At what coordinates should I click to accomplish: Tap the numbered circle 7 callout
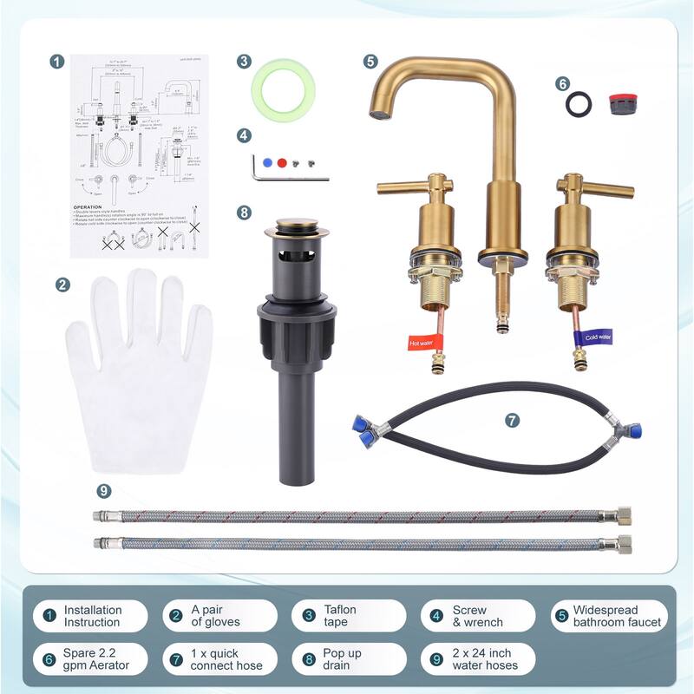(513, 420)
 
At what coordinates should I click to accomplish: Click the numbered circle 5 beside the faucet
(370, 62)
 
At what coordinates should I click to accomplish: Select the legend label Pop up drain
(344, 659)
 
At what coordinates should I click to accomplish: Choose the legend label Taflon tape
(335, 616)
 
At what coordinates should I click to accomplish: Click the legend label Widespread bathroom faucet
(617, 616)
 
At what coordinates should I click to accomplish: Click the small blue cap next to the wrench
(269, 162)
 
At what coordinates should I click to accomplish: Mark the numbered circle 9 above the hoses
(104, 491)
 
